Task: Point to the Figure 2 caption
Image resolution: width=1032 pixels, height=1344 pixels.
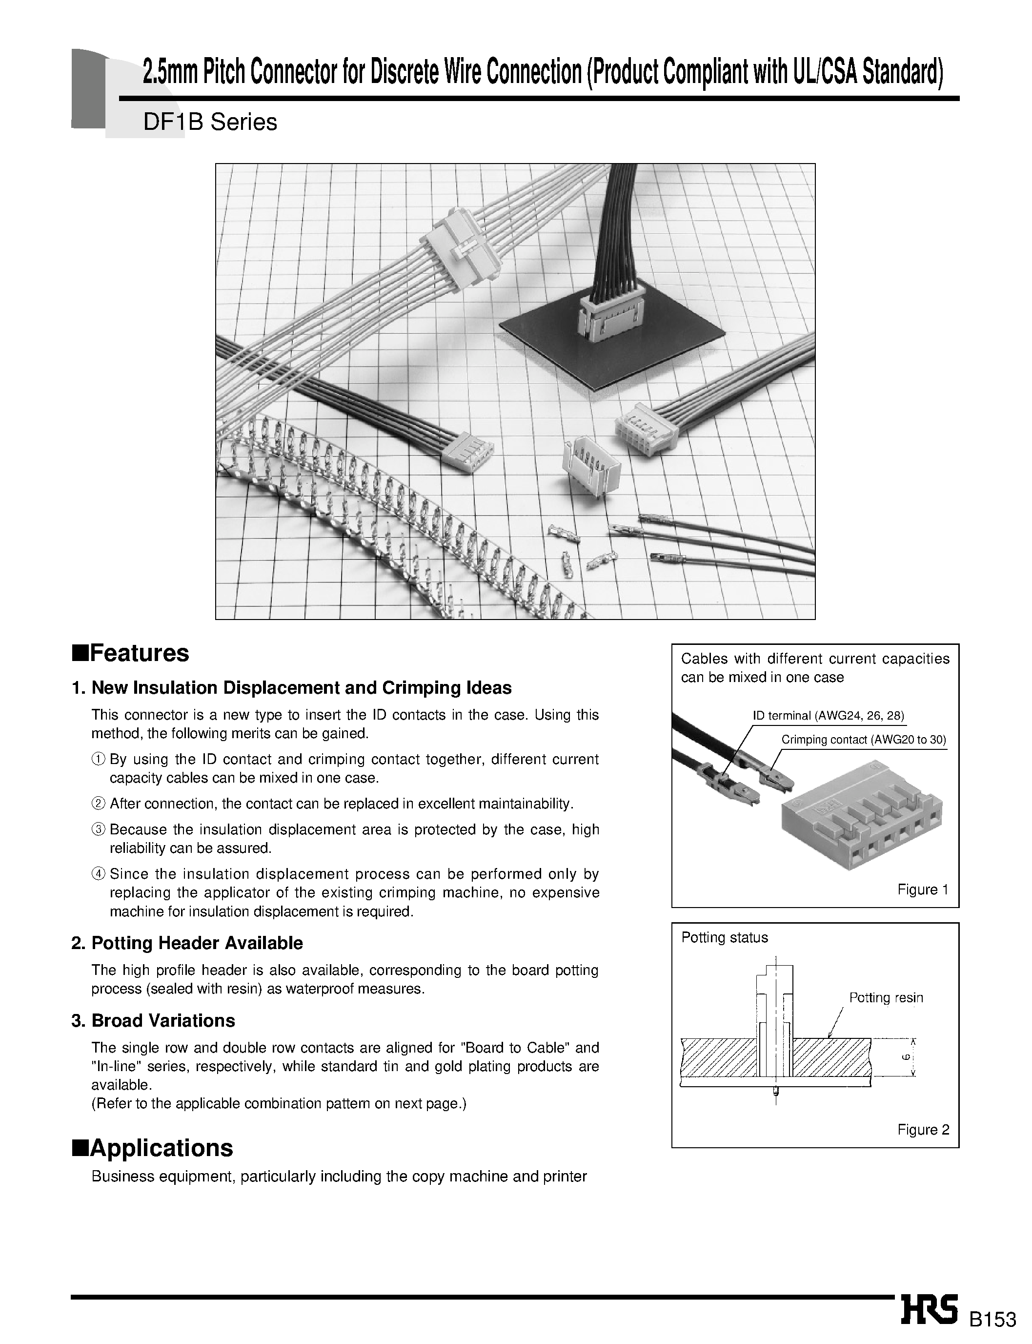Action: coord(923,1130)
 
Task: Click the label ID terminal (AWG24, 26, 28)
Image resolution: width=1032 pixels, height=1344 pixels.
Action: coord(828,715)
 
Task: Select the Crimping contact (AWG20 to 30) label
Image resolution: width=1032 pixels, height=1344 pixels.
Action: coord(863,739)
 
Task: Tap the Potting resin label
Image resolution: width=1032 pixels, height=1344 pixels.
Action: coord(885,997)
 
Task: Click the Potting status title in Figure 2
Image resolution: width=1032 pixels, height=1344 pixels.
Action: coord(724,937)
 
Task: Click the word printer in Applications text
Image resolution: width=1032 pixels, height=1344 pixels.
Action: coord(565,1176)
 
